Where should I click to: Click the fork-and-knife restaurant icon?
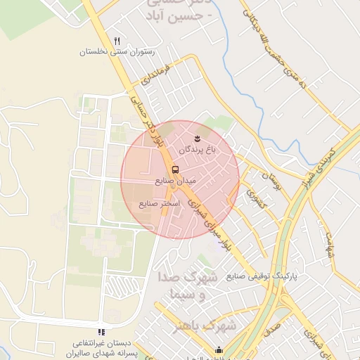tap(117, 41)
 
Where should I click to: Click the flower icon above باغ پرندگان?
tap(198, 136)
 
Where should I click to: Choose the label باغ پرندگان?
tap(199, 149)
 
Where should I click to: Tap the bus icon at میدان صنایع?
tap(175, 169)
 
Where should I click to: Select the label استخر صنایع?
tap(159, 203)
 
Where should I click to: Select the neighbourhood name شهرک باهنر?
tap(207, 326)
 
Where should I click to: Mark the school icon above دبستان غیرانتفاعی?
tap(101, 331)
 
